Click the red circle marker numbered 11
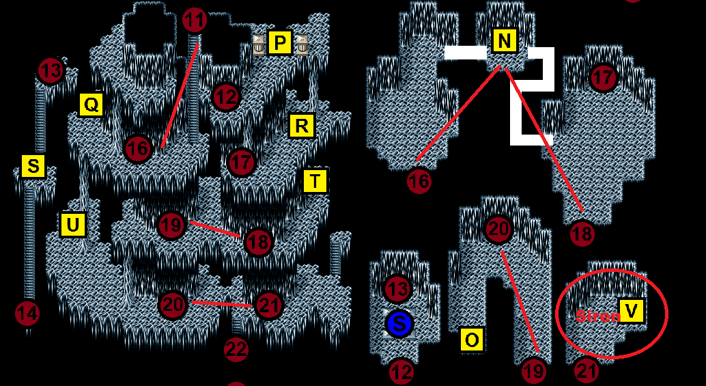point(195,21)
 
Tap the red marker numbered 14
point(27,314)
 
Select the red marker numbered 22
point(236,350)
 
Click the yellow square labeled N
point(504,41)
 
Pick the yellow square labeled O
point(472,339)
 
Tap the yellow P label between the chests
point(280,43)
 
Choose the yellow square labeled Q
point(91,105)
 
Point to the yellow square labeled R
point(301,126)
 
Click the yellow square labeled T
point(315,181)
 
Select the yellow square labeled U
point(72,224)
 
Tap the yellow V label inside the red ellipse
point(632,311)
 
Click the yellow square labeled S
point(33,166)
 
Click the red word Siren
point(597,316)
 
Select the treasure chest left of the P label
point(259,44)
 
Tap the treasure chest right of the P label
point(302,44)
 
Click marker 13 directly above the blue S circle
point(397,290)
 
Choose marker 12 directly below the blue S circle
point(401,372)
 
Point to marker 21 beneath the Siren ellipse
point(587,371)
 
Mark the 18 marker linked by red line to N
point(582,234)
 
